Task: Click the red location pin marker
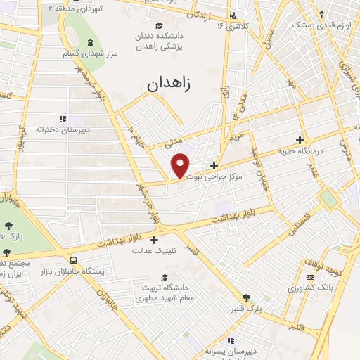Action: [x=181, y=165]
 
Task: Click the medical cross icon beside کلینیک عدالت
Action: [x=155, y=240]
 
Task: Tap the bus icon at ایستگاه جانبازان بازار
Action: [x=74, y=260]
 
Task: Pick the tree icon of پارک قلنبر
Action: [x=245, y=298]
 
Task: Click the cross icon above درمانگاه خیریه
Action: [x=300, y=140]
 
